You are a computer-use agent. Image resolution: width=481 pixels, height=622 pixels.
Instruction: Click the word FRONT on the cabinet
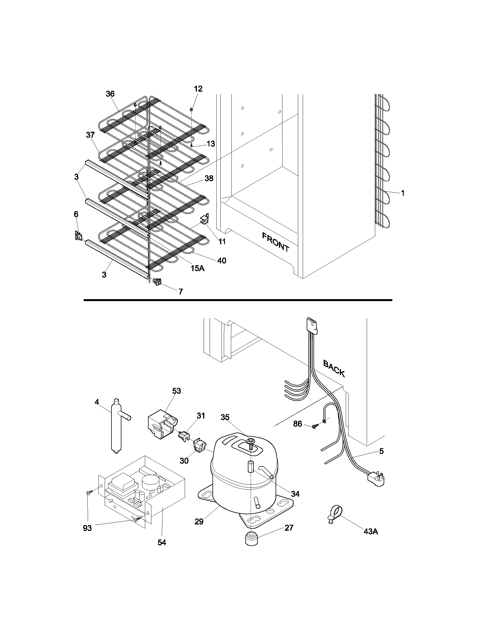click(x=276, y=242)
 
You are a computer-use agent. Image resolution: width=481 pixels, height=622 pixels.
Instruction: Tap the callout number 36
click(x=110, y=94)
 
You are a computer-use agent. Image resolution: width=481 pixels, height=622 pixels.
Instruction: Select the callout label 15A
click(x=197, y=268)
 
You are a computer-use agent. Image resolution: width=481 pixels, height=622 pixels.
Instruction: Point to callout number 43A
click(x=370, y=531)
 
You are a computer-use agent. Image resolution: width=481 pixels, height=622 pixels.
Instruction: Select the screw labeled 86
click(x=315, y=434)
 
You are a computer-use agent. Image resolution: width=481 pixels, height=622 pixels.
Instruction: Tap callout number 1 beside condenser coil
click(x=403, y=193)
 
